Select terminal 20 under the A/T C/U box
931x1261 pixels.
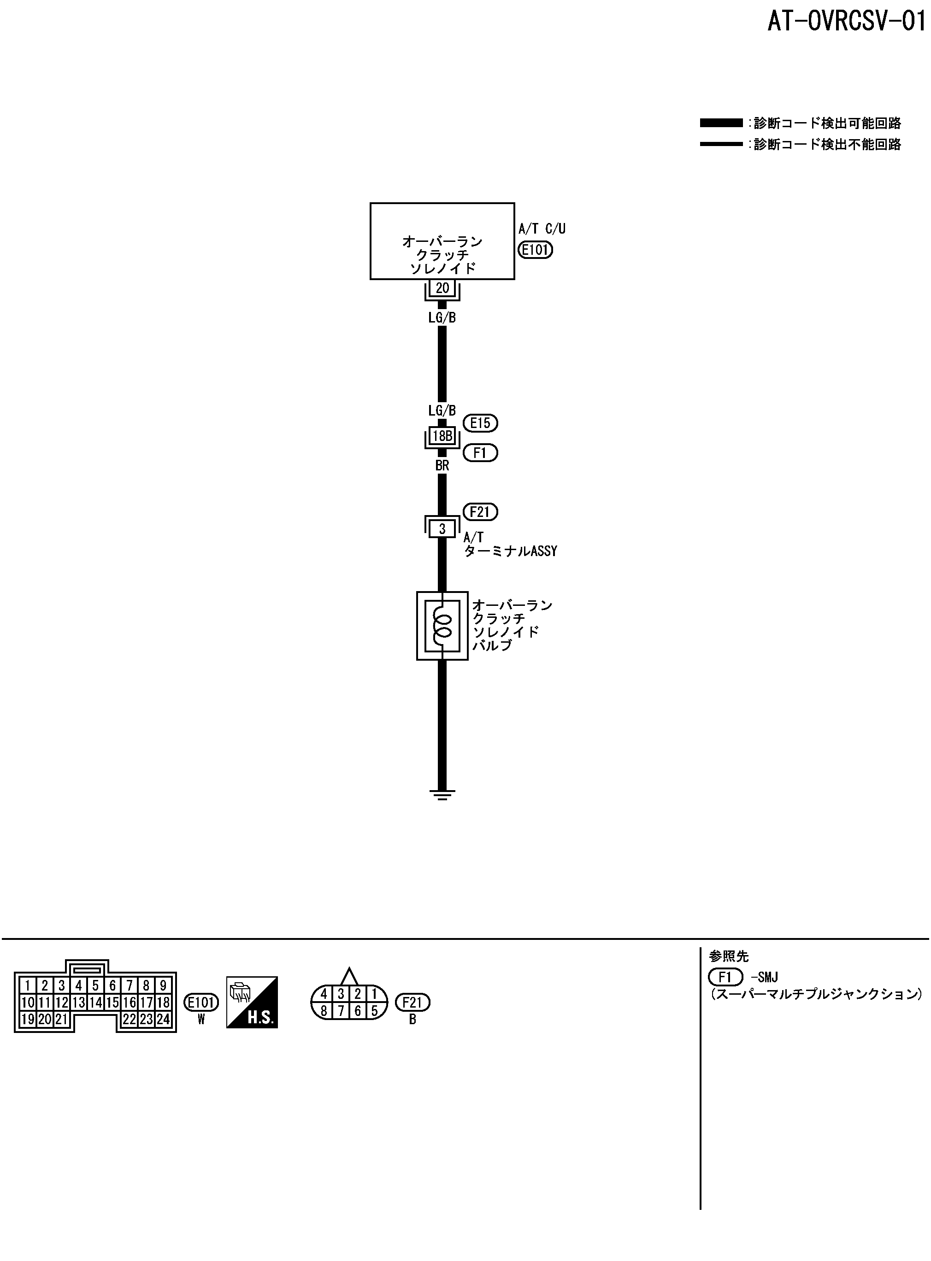point(442,288)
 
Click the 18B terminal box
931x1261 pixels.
point(442,436)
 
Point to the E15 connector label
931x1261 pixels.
point(480,423)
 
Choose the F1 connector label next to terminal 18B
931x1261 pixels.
point(480,453)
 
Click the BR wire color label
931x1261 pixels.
point(442,466)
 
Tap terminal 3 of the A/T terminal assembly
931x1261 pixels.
point(442,529)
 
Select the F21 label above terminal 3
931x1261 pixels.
point(480,512)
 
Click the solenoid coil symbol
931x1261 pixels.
point(442,625)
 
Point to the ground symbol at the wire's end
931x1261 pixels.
point(442,795)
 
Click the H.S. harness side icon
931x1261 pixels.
point(252,1002)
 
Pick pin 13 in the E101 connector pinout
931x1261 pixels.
point(78,1003)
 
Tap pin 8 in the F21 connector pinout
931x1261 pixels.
point(324,1011)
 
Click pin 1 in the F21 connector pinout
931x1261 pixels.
point(374,995)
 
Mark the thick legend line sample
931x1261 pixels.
point(721,123)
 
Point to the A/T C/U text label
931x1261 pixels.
point(542,229)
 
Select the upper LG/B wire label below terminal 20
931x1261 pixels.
point(442,317)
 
